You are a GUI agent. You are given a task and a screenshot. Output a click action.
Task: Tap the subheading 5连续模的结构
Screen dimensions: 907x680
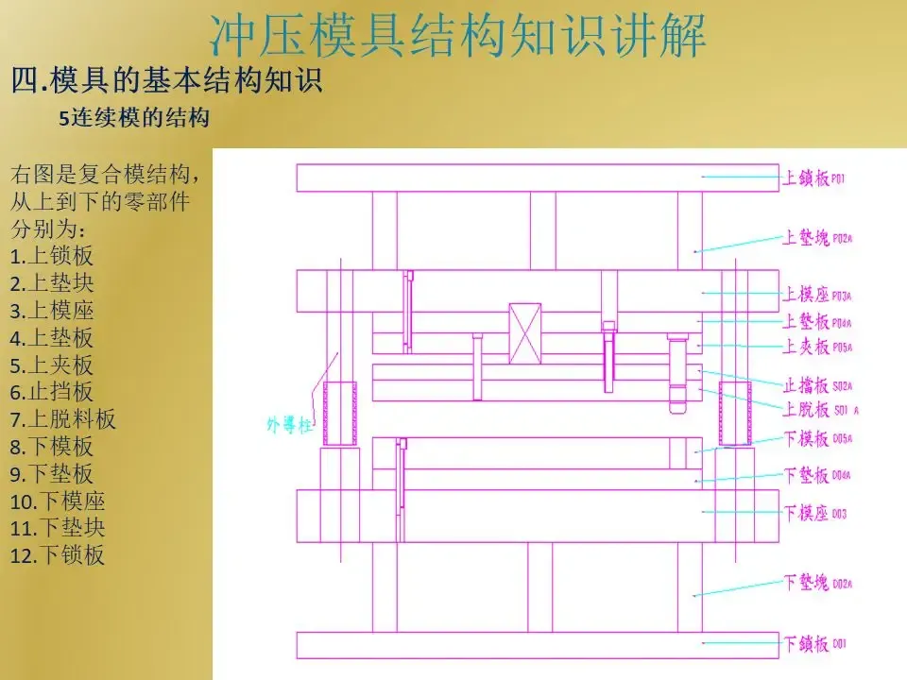pyautogui.click(x=133, y=119)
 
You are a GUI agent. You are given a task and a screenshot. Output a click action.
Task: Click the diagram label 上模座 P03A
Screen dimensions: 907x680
pyautogui.click(x=818, y=295)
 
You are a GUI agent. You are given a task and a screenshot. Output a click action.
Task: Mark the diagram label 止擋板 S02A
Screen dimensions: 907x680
pyautogui.click(x=818, y=385)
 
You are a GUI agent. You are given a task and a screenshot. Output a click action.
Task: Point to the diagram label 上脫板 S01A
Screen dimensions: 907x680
pyautogui.click(x=818, y=409)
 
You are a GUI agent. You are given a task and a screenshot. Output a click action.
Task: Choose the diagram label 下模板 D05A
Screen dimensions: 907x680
pyautogui.click(x=818, y=438)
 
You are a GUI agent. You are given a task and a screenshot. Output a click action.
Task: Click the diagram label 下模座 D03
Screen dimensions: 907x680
pyautogui.click(x=814, y=513)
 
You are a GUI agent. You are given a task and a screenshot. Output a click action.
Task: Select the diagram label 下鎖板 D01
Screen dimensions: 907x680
pyautogui.click(x=814, y=644)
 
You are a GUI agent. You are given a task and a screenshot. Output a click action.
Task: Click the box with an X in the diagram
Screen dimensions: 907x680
pyautogui.click(x=524, y=332)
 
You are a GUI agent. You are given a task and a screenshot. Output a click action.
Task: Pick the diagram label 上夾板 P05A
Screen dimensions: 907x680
pyautogui.click(x=818, y=347)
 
